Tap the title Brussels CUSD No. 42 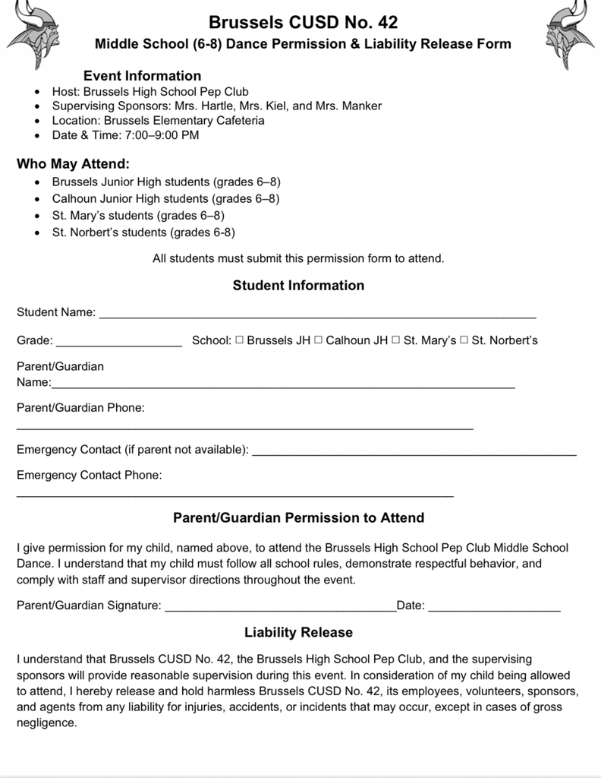pos(303,22)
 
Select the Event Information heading pos(142,76)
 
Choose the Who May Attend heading pos(73,164)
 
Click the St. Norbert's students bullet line pos(143,232)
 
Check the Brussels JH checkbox pos(239,340)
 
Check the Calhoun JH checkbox pos(319,340)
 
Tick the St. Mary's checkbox pos(396,340)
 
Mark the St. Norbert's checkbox pos(464,340)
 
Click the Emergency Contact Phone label pos(89,476)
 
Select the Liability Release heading pos(298,632)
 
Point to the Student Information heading pos(298,286)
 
